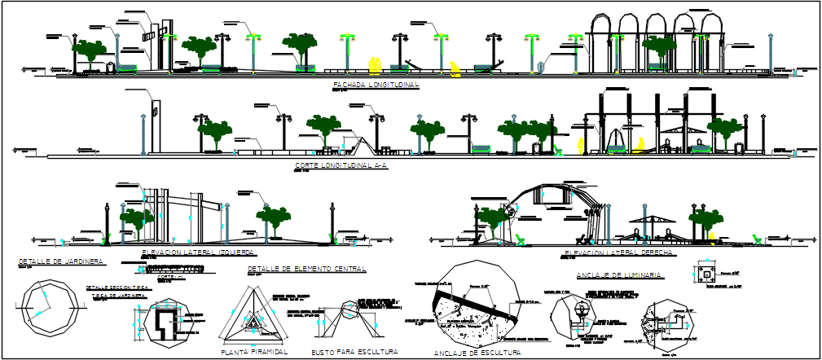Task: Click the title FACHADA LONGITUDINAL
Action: [376, 85]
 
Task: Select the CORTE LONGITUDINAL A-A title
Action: [342, 165]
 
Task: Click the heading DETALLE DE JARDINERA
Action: [60, 262]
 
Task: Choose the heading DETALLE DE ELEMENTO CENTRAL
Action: [306, 268]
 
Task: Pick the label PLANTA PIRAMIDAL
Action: [255, 353]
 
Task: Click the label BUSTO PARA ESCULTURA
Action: [354, 353]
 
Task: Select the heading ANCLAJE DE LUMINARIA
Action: [618, 275]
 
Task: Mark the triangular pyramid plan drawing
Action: [256, 320]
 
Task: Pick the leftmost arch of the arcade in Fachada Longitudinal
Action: [604, 37]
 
